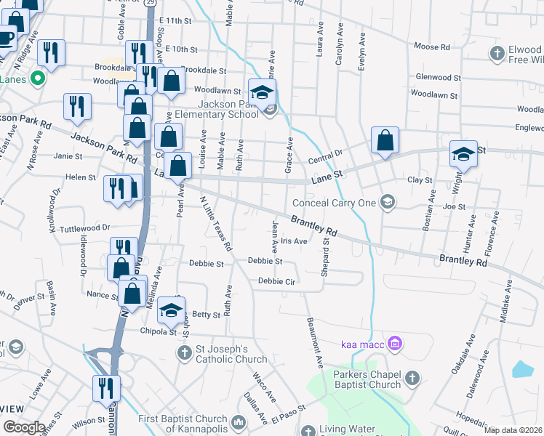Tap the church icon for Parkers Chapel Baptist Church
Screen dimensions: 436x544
pyautogui.click(x=412, y=378)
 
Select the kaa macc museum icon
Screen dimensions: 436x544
pyautogui.click(x=395, y=342)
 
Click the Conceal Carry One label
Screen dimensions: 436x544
pyautogui.click(x=335, y=203)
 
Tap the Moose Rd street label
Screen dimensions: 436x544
pyautogui.click(x=431, y=47)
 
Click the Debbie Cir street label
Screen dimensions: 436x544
pyautogui.click(x=276, y=281)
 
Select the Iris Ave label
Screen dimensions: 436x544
pyautogui.click(x=294, y=241)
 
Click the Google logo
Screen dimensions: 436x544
pyautogui.click(x=24, y=427)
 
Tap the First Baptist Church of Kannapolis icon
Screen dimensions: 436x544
pyautogui.click(x=238, y=422)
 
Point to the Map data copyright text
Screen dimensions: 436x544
pyautogui.click(x=513, y=430)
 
